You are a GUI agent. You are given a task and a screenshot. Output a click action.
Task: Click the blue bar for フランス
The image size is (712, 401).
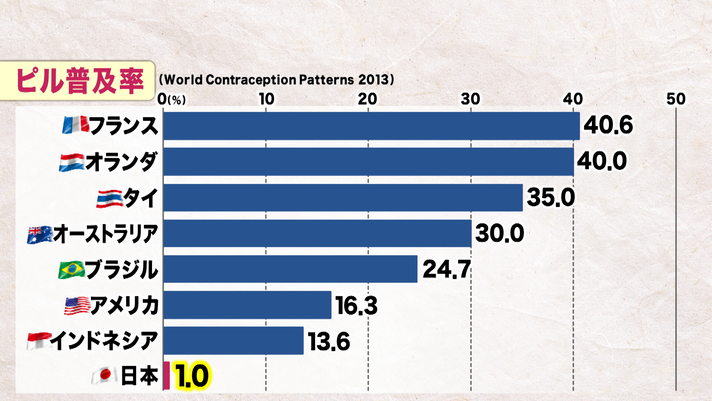tap(371, 126)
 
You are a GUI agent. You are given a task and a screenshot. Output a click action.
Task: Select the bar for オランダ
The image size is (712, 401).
tap(368, 162)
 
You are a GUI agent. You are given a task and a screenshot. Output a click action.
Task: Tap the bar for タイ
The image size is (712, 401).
tap(343, 198)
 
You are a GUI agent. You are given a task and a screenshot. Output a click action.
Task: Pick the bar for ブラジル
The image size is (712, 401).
tap(290, 269)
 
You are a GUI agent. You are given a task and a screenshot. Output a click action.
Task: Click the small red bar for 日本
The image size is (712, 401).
tap(167, 376)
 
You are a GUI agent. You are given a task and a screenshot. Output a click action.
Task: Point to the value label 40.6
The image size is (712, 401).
tap(608, 125)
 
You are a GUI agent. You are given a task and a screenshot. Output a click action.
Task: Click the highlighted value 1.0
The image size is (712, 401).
tap(192, 376)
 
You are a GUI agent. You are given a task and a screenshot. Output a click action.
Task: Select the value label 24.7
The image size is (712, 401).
tap(446, 269)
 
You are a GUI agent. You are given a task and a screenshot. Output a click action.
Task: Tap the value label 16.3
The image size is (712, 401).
tap(356, 306)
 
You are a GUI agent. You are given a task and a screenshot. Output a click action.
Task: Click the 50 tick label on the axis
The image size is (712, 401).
tap(676, 99)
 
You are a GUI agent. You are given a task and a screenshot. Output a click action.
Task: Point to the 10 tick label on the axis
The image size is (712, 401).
tap(266, 99)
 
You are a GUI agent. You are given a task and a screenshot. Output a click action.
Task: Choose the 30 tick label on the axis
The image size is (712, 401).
tap(470, 99)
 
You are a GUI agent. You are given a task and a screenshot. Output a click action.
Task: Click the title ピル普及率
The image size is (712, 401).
tap(79, 81)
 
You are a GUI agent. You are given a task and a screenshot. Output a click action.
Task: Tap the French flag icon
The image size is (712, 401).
tap(76, 125)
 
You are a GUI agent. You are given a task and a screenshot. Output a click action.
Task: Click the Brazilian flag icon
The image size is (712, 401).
tap(72, 270)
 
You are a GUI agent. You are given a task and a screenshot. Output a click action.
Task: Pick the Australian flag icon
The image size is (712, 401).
tap(40, 235)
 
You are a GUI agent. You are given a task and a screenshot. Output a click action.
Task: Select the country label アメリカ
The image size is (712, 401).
tap(124, 306)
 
